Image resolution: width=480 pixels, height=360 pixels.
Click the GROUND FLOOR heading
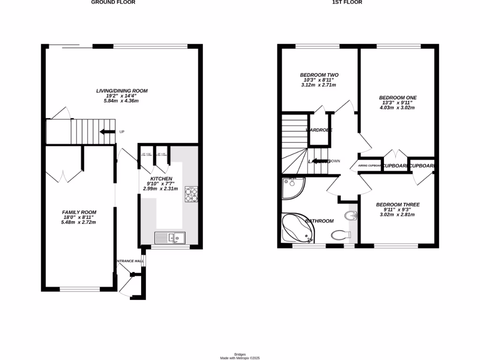point(113,2)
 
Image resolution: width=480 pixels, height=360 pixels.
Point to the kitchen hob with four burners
point(191,194)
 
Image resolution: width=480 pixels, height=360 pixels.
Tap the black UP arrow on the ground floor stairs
point(107,132)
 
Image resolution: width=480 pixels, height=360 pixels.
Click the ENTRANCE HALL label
point(129,261)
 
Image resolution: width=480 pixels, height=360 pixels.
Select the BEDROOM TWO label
point(319,75)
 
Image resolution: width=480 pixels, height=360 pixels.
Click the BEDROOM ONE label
point(397,98)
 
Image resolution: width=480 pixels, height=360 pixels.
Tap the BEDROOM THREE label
point(397,205)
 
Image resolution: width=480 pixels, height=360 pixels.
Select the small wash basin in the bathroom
point(351,216)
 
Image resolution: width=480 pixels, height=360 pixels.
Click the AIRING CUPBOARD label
point(369,165)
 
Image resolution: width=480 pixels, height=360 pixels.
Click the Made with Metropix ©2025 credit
point(240,358)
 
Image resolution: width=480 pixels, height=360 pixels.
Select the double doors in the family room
point(64,176)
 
